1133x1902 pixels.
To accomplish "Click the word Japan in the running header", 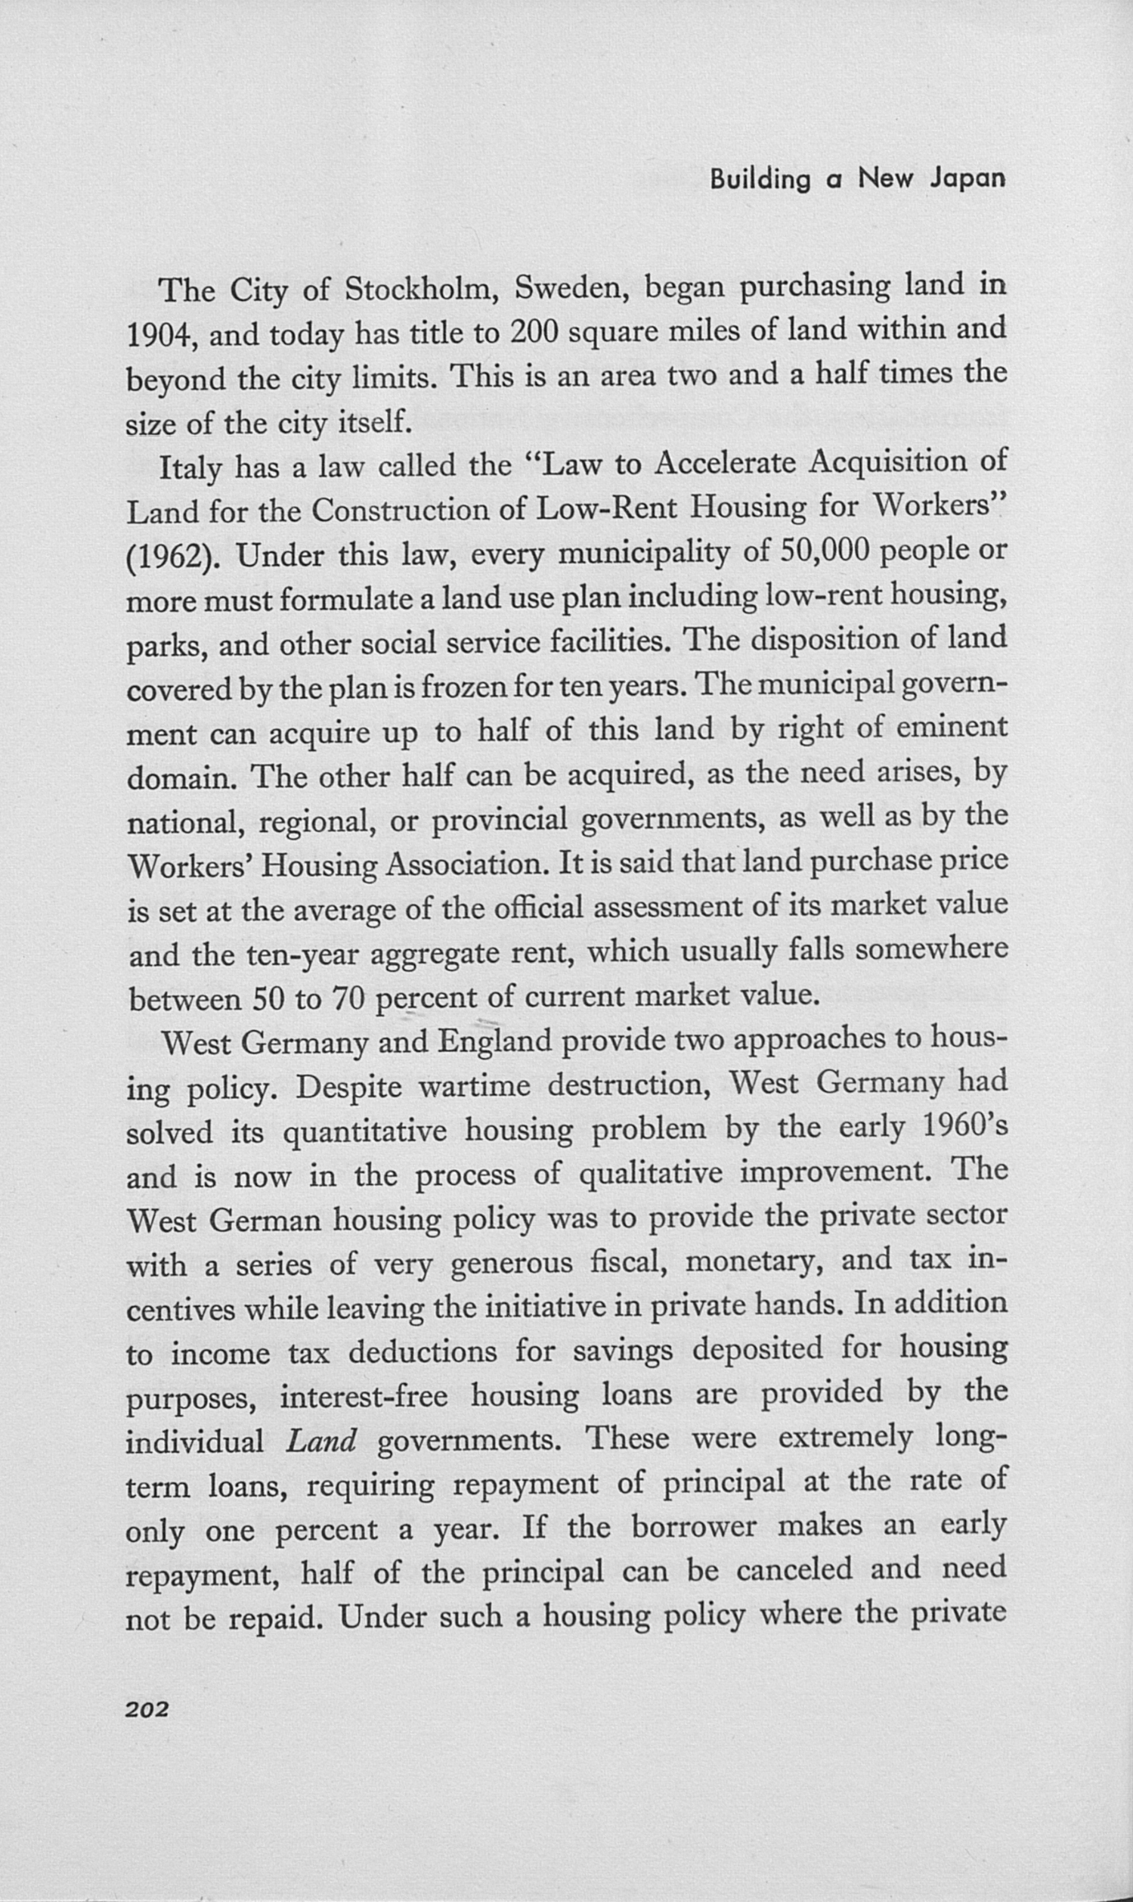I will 967,179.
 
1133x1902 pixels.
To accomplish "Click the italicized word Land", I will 320,1441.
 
